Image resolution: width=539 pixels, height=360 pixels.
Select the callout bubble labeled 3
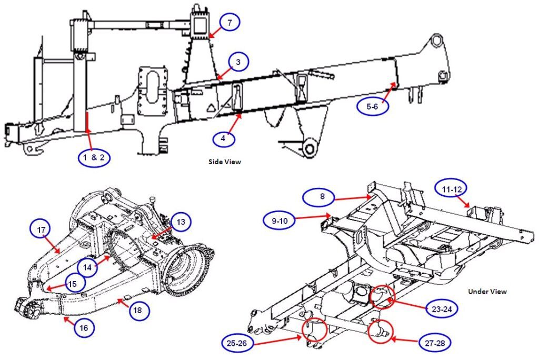[x=238, y=63]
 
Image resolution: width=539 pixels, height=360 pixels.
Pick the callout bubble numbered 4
[x=223, y=138]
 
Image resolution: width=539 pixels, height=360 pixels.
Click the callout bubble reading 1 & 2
[x=94, y=157]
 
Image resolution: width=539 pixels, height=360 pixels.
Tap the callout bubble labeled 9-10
[x=281, y=221]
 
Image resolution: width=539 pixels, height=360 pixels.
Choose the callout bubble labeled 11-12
[x=451, y=188]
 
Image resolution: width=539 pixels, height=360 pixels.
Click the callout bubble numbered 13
[x=181, y=223]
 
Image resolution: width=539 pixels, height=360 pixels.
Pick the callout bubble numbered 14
[x=90, y=267]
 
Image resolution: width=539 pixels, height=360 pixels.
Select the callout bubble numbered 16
[x=84, y=328]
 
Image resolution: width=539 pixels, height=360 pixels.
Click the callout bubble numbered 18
[x=138, y=311]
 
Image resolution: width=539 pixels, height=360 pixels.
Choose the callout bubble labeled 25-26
[x=239, y=343]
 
